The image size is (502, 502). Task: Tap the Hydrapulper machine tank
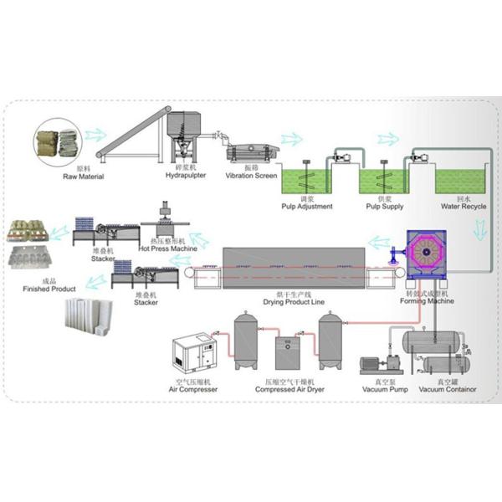(182, 130)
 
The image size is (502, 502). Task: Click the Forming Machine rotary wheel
(433, 255)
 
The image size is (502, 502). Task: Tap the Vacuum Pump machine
(381, 366)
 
